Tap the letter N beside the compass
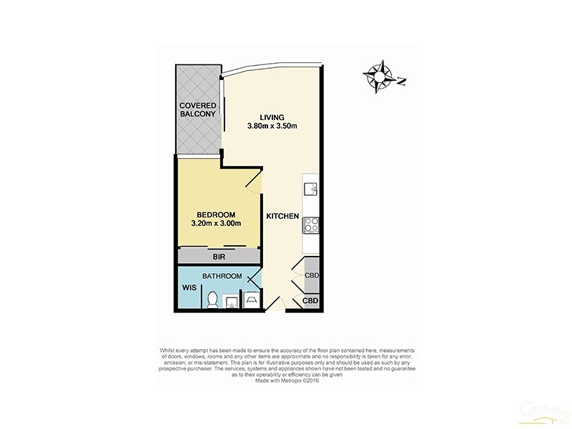click(x=401, y=82)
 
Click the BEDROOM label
click(x=215, y=214)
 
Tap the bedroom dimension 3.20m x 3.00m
click(x=215, y=224)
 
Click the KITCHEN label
click(x=283, y=216)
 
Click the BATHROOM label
click(x=221, y=276)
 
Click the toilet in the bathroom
click(x=212, y=300)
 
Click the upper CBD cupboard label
click(x=312, y=276)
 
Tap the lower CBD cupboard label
click(x=310, y=301)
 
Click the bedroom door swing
click(x=255, y=180)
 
